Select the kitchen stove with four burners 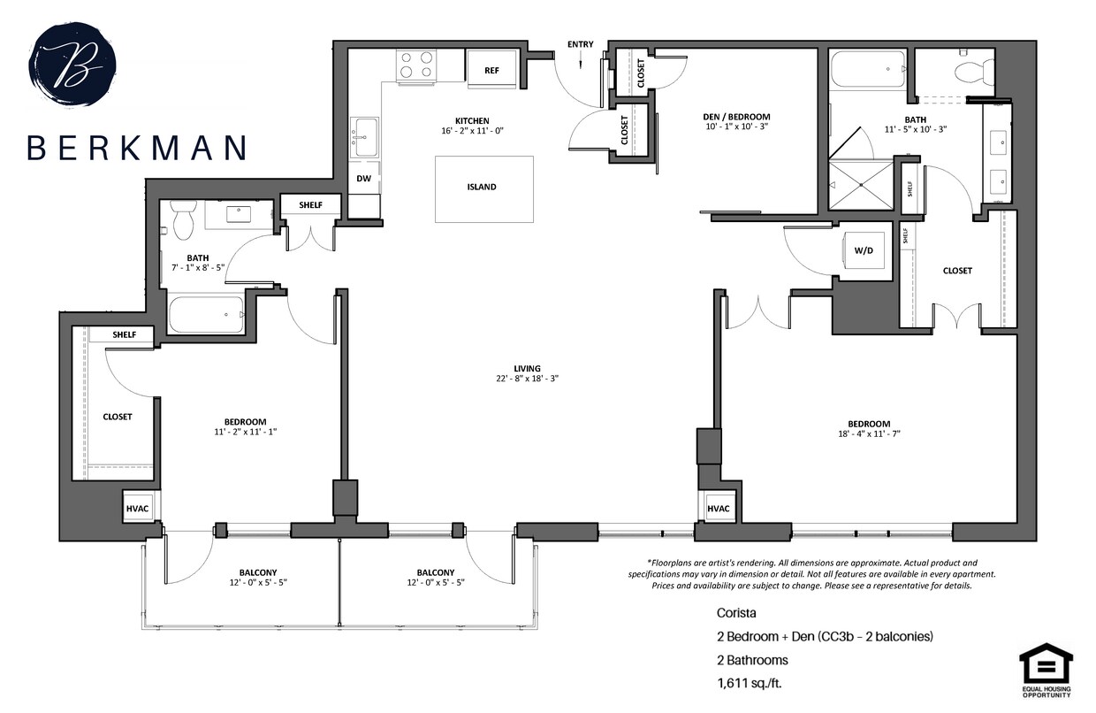416,65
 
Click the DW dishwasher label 363,178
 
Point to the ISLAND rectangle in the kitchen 483,188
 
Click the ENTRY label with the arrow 580,45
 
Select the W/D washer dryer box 863,251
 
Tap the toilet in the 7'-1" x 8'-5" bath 183,220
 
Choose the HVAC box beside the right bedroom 718,509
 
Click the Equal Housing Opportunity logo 1046,670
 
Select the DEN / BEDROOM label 737,117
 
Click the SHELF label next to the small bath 310,205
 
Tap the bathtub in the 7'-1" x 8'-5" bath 206,314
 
